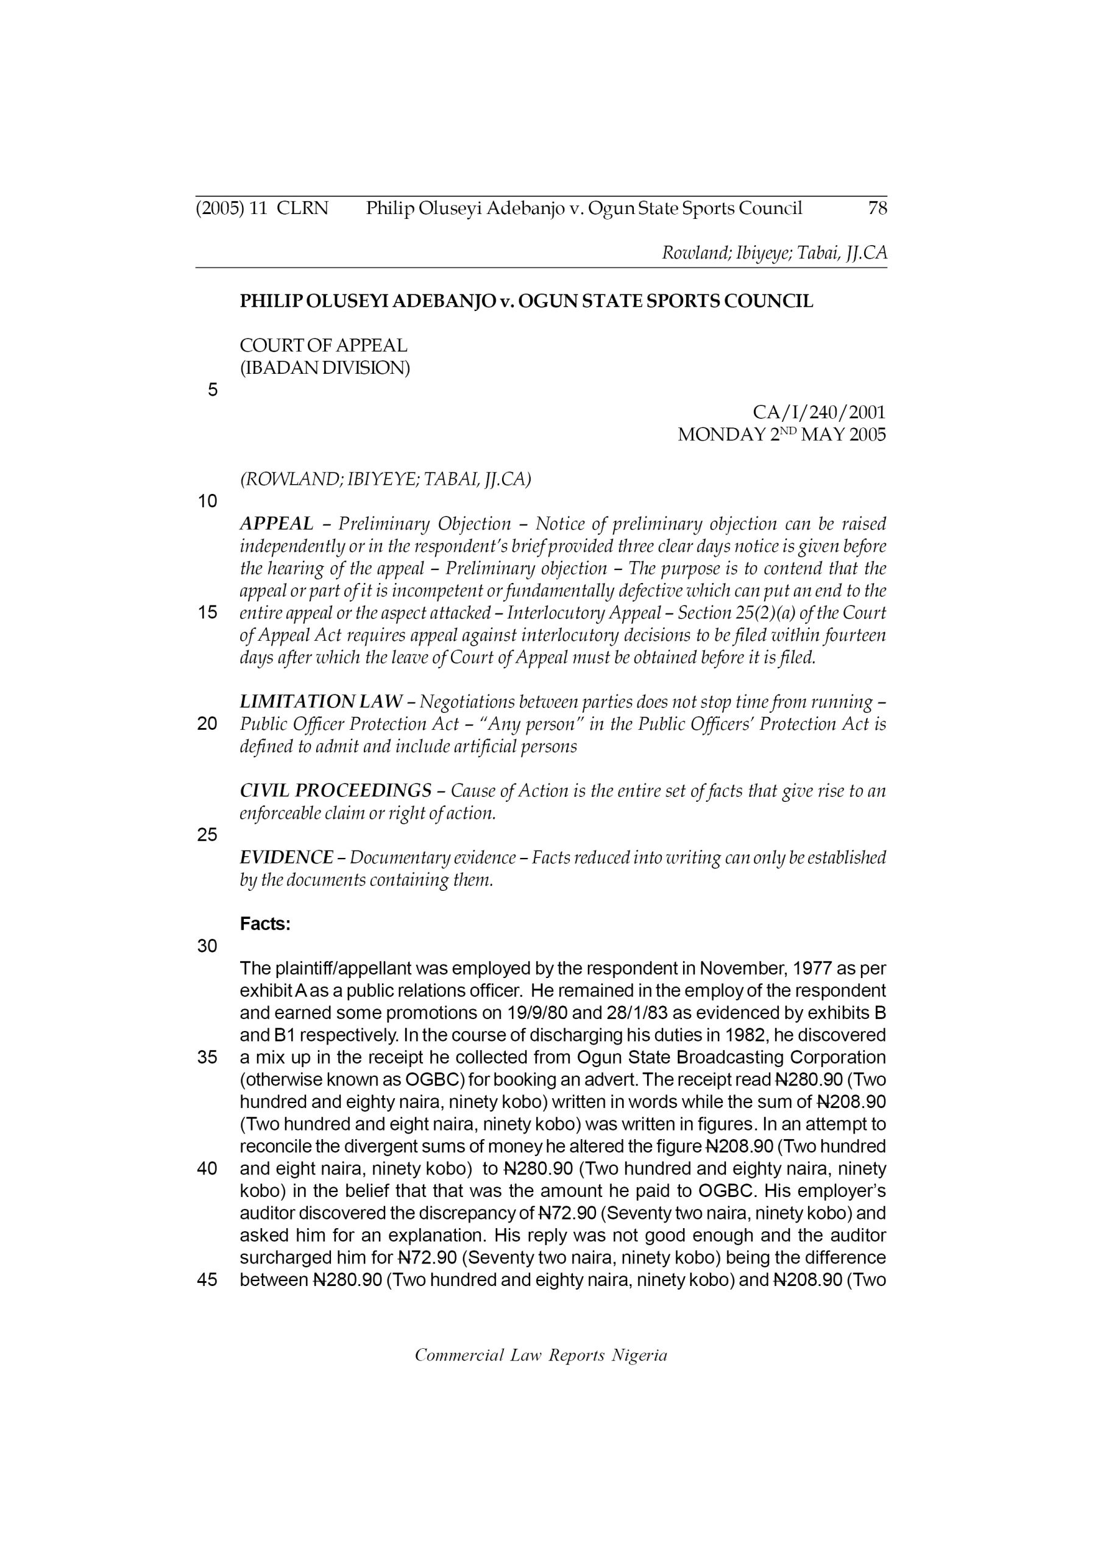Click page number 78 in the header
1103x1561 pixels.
(x=878, y=208)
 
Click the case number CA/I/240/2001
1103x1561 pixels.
(x=819, y=412)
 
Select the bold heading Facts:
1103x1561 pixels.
(x=265, y=924)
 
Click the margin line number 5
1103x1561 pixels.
(x=213, y=390)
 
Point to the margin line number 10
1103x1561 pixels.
(x=207, y=501)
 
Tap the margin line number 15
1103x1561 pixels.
(x=207, y=613)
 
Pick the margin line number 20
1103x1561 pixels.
(x=207, y=724)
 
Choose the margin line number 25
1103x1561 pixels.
(x=207, y=835)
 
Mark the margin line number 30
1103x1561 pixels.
(x=207, y=946)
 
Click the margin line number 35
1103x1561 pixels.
(x=207, y=1057)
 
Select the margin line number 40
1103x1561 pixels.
(x=207, y=1169)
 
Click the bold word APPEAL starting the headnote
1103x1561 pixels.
(x=277, y=524)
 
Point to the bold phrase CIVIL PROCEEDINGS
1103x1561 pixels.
(x=336, y=791)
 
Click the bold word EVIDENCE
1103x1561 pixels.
(x=286, y=857)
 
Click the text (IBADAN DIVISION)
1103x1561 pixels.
(x=325, y=368)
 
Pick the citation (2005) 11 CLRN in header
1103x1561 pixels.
(x=261, y=208)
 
